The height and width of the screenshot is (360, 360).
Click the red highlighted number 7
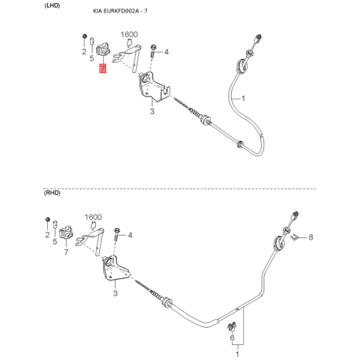point(102,68)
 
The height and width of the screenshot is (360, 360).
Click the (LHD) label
point(52,6)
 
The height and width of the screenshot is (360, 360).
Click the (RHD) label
point(52,193)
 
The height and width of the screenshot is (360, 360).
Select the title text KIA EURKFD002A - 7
point(120,11)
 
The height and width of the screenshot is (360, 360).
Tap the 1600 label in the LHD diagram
point(129,35)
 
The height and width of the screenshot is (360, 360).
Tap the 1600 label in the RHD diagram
point(93,217)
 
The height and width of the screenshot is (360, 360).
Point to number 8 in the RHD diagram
point(310,237)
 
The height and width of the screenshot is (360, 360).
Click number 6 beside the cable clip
point(232,337)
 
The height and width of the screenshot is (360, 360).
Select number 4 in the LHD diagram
point(167,52)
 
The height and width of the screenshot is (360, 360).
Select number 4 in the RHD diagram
point(130,235)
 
